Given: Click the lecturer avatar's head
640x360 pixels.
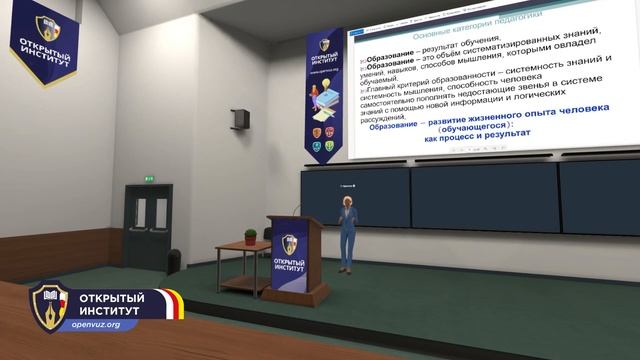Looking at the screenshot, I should pos(348,202).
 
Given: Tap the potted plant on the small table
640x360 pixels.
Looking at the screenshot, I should pos(250,237).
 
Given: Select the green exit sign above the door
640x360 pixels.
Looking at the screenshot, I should pos(149,179).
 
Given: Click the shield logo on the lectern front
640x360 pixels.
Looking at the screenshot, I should pos(289,244).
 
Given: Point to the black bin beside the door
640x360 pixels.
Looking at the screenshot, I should pos(174,261).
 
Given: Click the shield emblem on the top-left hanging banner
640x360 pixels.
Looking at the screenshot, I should pos(47,27).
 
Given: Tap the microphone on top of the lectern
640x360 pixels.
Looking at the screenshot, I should pos(295,209).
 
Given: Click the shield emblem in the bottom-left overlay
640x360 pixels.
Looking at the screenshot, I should pos(49,307).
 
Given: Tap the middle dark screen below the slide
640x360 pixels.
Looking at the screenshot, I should pos(484,196).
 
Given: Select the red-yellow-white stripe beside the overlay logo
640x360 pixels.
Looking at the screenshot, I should pos(178,304).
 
